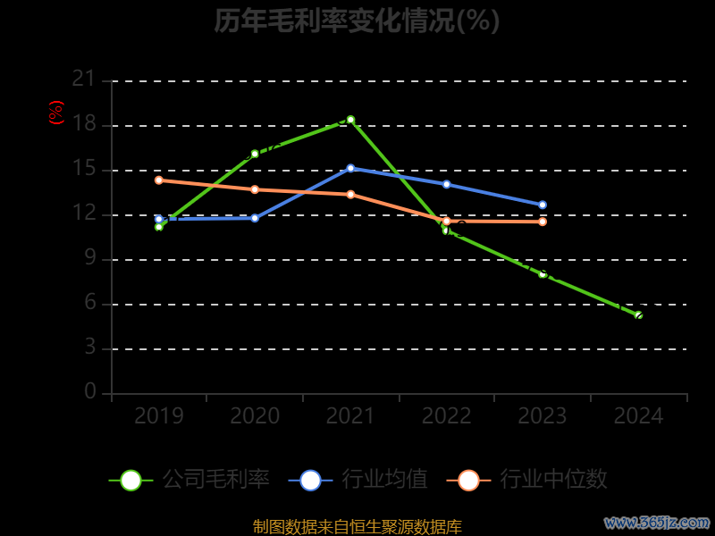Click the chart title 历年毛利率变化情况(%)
[357, 21]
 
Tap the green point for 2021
[350, 120]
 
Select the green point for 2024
[638, 315]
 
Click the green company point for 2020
[255, 154]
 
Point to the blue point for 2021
[350, 168]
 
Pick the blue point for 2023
[543, 205]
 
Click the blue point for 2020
[255, 218]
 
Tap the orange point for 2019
[159, 180]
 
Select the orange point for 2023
[543, 222]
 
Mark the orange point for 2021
[350, 194]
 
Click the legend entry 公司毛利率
[189, 480]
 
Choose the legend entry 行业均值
[358, 480]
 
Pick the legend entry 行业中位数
[533, 480]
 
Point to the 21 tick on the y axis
[83, 80]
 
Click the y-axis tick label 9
[89, 259]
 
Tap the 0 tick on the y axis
[89, 392]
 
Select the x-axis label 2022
[447, 416]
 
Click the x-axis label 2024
[639, 416]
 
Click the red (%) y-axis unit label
[56, 113]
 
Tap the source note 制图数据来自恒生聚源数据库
[357, 527]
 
